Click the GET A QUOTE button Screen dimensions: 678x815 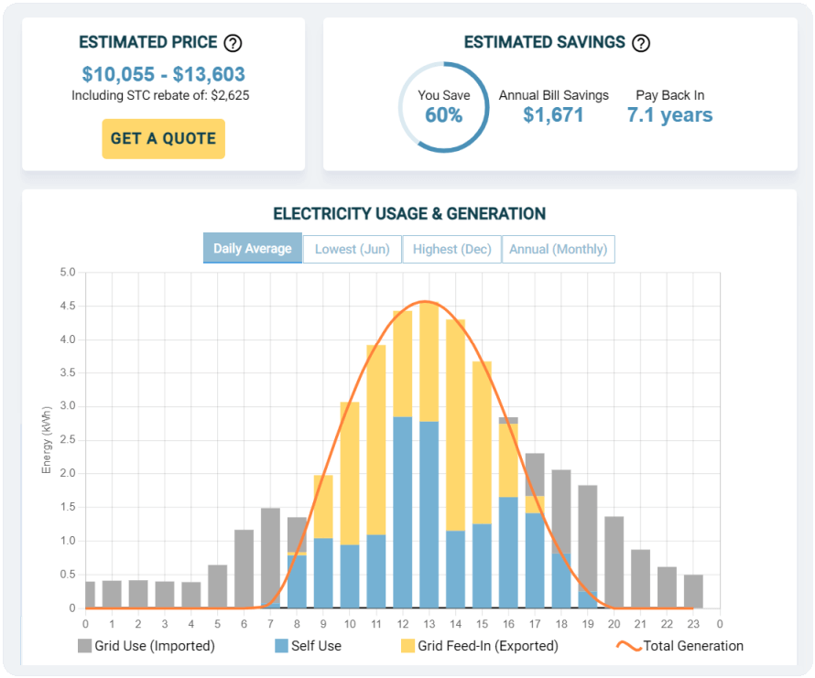(x=163, y=139)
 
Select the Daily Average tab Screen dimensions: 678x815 (x=252, y=249)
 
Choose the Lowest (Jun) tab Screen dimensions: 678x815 (x=352, y=249)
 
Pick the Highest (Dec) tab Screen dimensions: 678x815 (x=451, y=249)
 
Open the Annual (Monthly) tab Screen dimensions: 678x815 (x=558, y=249)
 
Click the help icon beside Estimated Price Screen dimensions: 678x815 (x=234, y=43)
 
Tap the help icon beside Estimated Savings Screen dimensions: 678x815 (x=641, y=43)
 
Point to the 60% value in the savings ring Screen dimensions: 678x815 (x=443, y=115)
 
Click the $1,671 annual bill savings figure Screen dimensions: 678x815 (x=553, y=115)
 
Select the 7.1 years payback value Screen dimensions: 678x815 (x=669, y=115)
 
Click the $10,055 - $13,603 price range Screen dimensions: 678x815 (x=163, y=74)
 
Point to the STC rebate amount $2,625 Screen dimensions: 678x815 (x=232, y=95)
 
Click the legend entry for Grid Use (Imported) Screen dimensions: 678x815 (x=146, y=646)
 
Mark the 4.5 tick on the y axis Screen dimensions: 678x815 (x=68, y=306)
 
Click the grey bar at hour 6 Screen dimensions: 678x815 (x=244, y=568)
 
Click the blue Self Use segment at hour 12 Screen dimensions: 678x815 (x=403, y=512)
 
